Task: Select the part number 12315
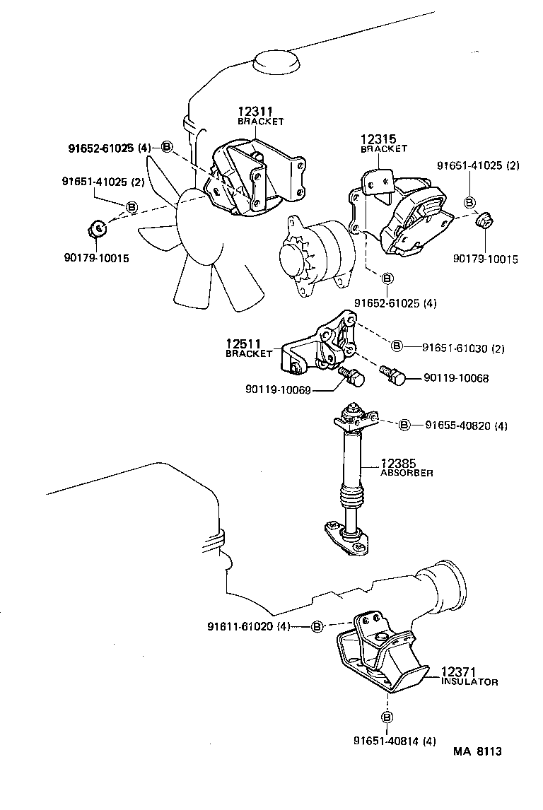[378, 139]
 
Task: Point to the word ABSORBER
[407, 473]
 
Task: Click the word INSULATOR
[469, 682]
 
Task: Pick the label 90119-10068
[456, 378]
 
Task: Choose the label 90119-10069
[278, 389]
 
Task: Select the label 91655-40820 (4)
[467, 425]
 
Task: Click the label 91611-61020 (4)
[249, 626]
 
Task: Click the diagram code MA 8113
[477, 751]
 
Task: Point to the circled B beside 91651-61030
[397, 346]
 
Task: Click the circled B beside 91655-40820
[404, 425]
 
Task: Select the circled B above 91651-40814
[387, 717]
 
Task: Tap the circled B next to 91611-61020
[317, 626]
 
